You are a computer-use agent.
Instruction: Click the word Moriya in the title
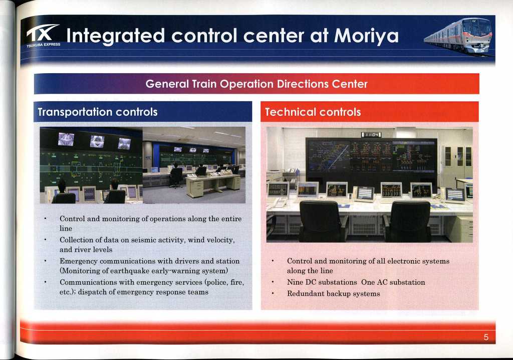coord(366,36)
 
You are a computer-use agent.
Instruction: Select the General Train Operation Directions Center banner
coord(256,84)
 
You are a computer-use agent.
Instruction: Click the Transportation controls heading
coord(98,112)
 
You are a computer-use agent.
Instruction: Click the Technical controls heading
coord(313,112)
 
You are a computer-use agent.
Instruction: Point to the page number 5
coord(486,337)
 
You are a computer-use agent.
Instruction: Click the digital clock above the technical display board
coord(371,135)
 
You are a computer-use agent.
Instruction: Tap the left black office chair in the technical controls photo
coord(320,221)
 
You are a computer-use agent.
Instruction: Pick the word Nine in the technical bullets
coord(295,282)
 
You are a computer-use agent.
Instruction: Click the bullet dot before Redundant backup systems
coord(272,293)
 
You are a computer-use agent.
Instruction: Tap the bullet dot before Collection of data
coord(45,240)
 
